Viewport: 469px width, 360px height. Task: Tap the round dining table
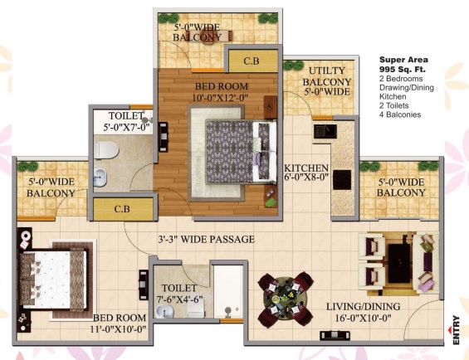point(286,299)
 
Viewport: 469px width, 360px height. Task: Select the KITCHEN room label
point(306,168)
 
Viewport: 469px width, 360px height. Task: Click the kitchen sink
point(325,131)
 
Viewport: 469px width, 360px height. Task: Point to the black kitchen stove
point(342,180)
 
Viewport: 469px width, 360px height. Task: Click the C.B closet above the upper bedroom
point(252,61)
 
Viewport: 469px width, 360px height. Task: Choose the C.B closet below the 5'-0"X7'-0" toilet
point(123,209)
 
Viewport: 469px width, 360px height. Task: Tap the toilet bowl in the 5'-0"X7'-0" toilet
point(106,150)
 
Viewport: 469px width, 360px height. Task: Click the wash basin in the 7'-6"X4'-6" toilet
point(164,312)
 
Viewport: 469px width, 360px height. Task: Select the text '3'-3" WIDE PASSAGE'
point(207,239)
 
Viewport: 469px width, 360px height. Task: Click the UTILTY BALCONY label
point(326,76)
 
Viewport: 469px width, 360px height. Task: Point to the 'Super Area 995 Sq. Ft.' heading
point(403,65)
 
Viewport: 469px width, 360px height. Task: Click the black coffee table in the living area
point(399,263)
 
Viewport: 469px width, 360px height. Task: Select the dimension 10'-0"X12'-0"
point(221,98)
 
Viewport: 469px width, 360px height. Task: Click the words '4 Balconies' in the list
point(400,114)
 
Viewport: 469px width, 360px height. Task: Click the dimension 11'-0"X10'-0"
point(119,329)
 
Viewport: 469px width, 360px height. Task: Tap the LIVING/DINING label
point(363,306)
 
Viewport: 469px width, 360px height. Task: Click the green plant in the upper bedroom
point(271,202)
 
